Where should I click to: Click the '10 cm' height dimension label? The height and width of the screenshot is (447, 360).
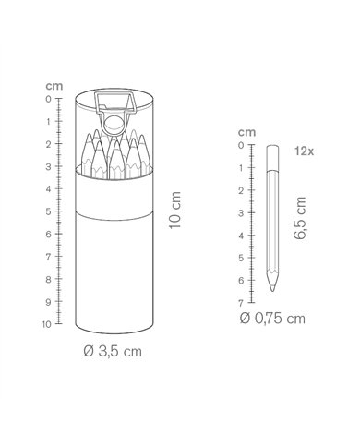coord(174,210)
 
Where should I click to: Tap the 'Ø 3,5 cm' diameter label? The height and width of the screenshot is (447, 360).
coord(113,352)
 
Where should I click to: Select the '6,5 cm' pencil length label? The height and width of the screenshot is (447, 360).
coord(300,218)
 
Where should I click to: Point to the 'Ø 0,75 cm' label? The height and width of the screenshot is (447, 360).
coord(272,319)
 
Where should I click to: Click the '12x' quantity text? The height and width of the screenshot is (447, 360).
coord(305,151)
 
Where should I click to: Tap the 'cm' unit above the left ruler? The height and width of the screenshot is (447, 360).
coord(54,86)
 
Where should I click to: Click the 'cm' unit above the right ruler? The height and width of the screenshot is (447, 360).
coord(246,132)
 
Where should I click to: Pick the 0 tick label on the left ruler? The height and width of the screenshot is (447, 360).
coord(48,99)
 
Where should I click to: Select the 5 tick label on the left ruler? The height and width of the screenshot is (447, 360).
coord(48,211)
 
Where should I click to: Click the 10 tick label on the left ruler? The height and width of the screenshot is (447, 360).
coord(47,324)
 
